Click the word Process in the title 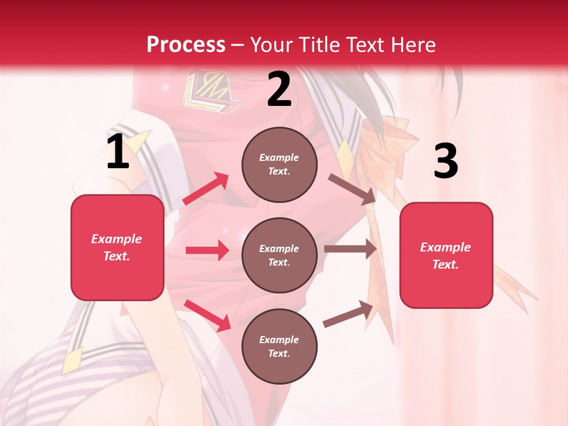pos(186,44)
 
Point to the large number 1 pos(118,153)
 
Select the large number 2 pos(279,90)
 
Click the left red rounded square pos(117,247)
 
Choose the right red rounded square pos(446,255)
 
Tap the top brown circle pos(279,164)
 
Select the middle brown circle pos(279,255)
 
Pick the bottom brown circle pos(279,346)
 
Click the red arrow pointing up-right pos(206,188)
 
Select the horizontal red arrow pos(207,250)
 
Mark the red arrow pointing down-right pos(207,315)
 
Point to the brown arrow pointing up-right pos(348,314)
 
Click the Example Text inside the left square pos(117,247)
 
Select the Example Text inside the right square pos(446,256)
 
